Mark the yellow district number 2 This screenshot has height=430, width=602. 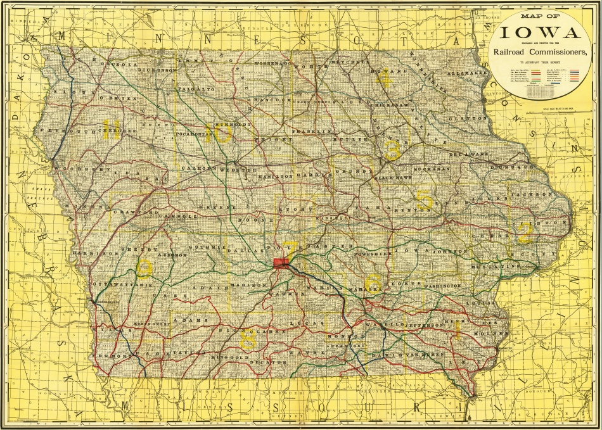tap(523, 235)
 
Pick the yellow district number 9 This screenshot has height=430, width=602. tap(144, 270)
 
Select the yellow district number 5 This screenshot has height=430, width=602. tap(425, 201)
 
